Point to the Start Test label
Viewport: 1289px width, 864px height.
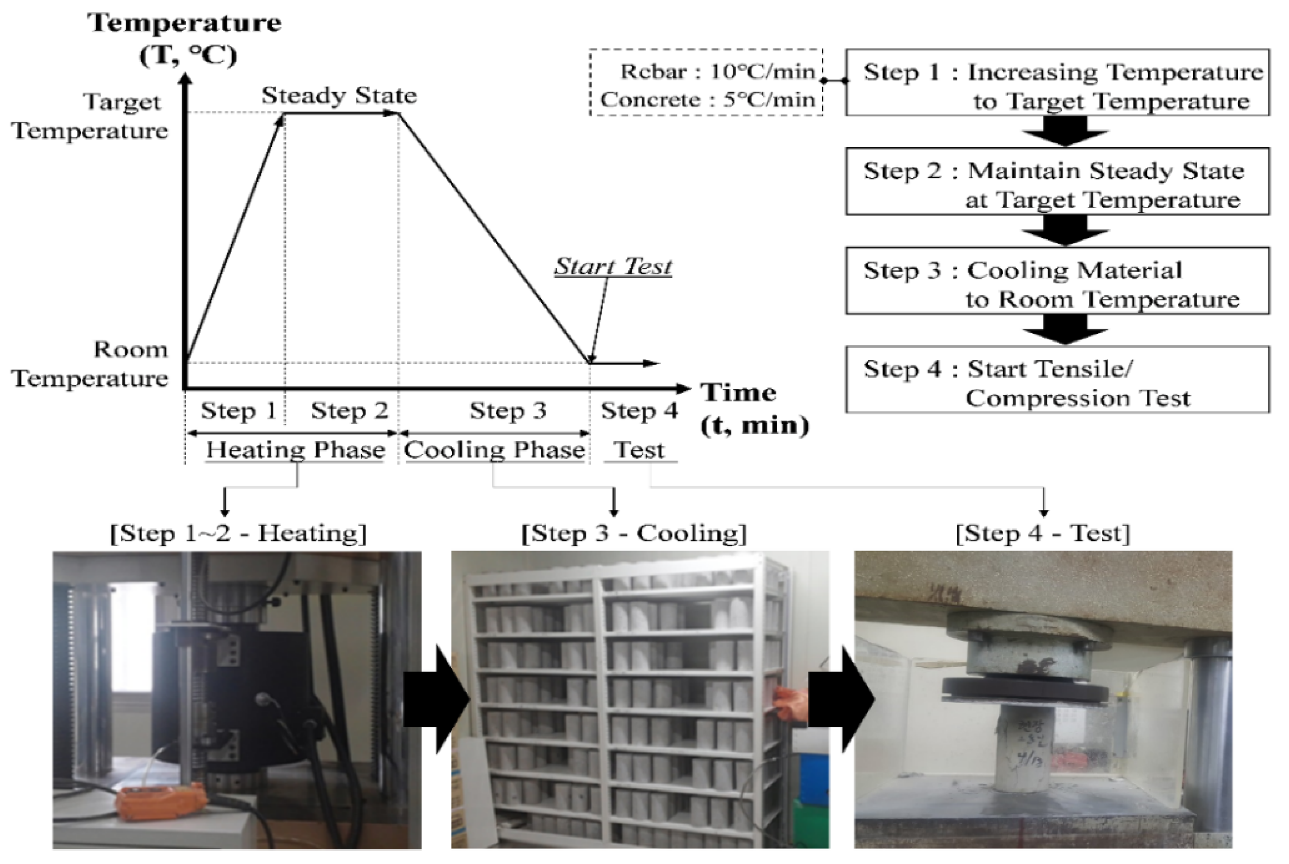coord(613,267)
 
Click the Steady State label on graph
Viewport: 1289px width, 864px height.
coord(339,96)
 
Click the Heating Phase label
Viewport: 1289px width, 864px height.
coord(295,450)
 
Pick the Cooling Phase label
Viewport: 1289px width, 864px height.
coord(494,450)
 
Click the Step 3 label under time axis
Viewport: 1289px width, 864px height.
coord(507,411)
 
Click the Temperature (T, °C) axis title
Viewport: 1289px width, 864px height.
coord(185,38)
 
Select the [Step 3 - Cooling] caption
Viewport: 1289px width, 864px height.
coord(633,534)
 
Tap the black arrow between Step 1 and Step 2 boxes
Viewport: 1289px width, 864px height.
coord(1064,132)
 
